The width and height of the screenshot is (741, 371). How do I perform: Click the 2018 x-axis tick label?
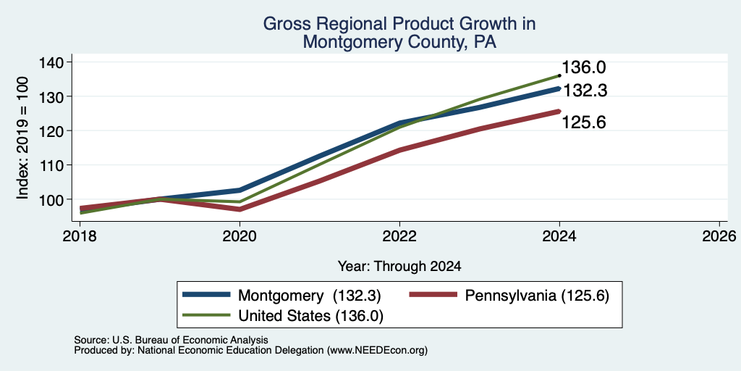pyautogui.click(x=80, y=235)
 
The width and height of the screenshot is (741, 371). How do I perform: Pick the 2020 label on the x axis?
pyautogui.click(x=240, y=235)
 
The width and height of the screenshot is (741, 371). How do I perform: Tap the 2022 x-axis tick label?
pyautogui.click(x=399, y=235)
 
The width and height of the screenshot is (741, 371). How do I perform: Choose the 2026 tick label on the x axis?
pyautogui.click(x=720, y=235)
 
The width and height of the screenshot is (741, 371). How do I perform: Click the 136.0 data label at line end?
pyautogui.click(x=584, y=67)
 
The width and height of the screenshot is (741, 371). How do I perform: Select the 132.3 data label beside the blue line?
pyautogui.click(x=584, y=91)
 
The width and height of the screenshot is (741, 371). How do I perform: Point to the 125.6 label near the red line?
pyautogui.click(x=584, y=122)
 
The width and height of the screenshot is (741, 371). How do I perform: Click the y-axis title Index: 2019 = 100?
pyautogui.click(x=22, y=138)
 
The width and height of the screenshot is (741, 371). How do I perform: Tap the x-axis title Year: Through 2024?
pyautogui.click(x=399, y=267)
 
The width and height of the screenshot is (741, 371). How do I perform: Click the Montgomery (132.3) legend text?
pyautogui.click(x=309, y=296)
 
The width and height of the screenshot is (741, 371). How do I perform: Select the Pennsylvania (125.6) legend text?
pyautogui.click(x=537, y=296)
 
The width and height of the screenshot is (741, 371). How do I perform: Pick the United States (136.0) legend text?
pyautogui.click(x=310, y=316)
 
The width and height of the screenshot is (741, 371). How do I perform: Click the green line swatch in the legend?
pyautogui.click(x=206, y=315)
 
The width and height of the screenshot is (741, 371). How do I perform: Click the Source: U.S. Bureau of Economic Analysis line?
pyautogui.click(x=171, y=340)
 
